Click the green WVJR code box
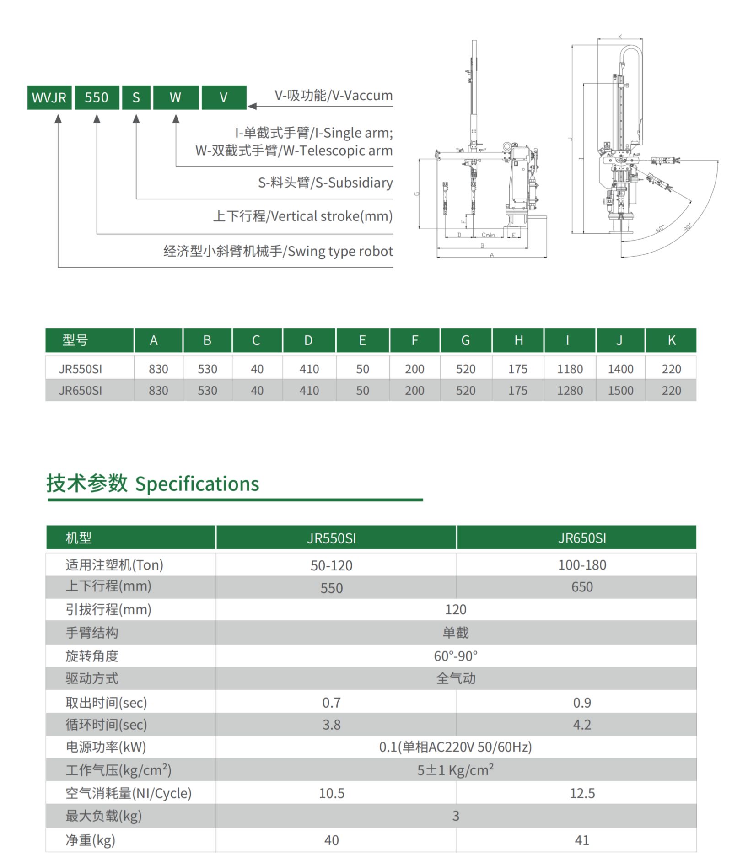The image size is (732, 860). (49, 97)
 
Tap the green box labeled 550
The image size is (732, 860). (97, 97)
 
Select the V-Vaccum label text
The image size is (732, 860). (333, 95)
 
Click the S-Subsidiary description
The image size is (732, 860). (325, 183)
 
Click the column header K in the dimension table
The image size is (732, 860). (671, 340)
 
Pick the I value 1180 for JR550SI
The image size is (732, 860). (570, 369)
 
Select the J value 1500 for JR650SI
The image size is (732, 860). (620, 391)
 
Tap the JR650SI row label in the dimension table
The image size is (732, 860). (81, 391)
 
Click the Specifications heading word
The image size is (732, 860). (197, 484)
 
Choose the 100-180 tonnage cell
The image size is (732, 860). (582, 565)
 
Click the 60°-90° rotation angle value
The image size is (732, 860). (456, 656)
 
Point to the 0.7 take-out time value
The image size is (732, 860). (331, 702)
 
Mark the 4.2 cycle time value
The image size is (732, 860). (582, 725)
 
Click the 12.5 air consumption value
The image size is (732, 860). (582, 793)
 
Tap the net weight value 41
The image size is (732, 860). (582, 840)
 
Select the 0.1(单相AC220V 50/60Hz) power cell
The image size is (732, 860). (456, 747)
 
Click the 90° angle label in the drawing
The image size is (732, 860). (688, 227)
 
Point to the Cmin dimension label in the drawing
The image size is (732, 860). (488, 235)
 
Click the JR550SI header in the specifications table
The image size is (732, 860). (331, 538)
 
